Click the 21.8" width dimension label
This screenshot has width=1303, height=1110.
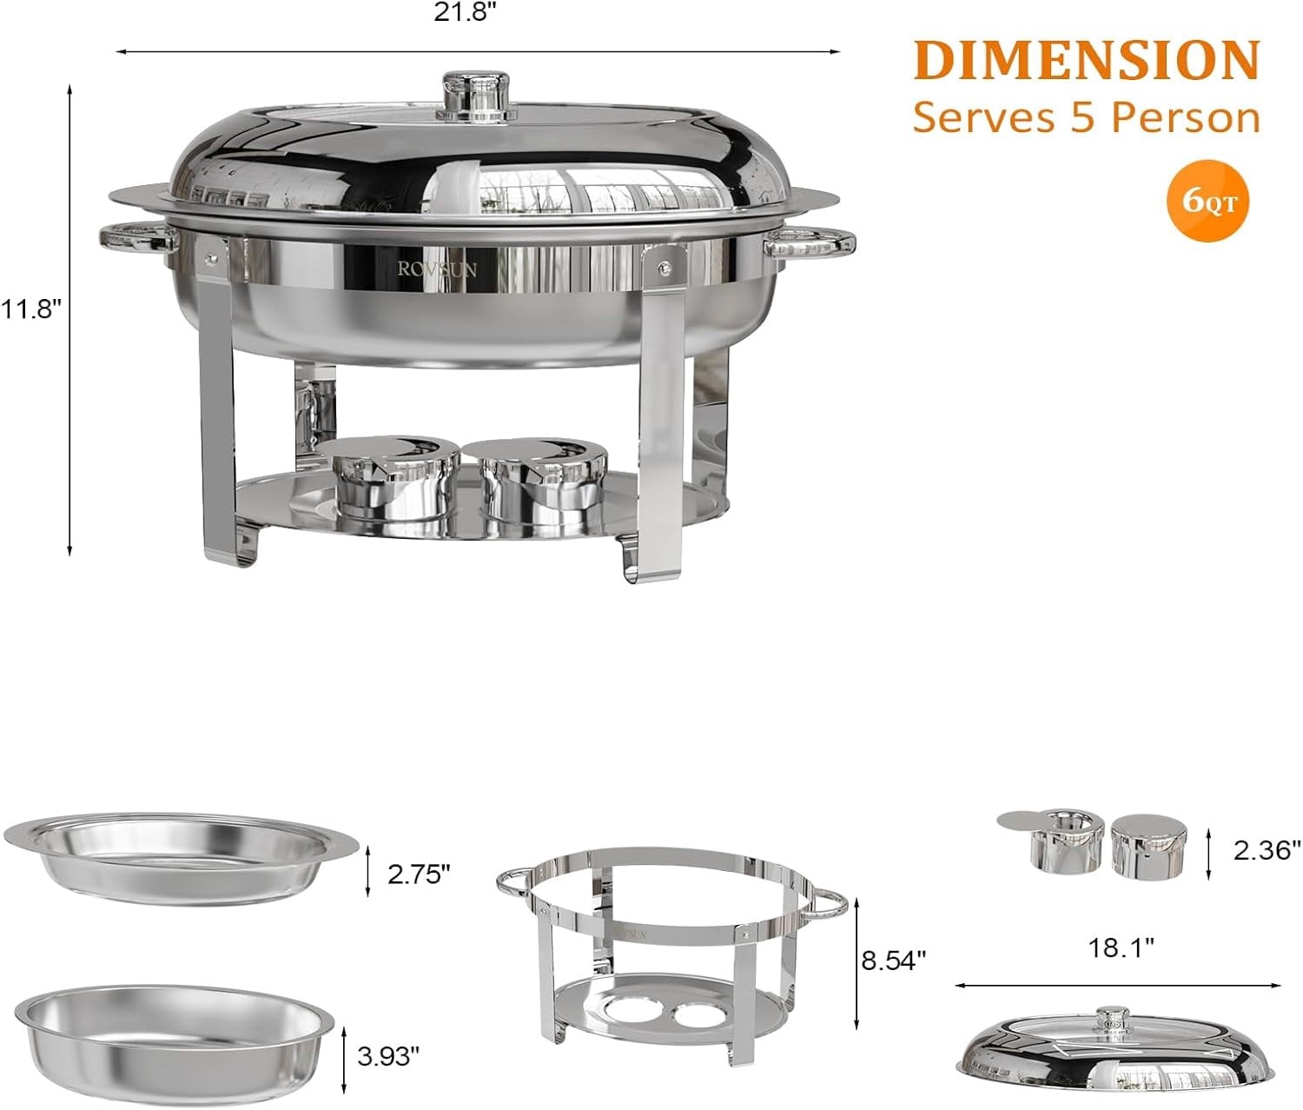pos(460,13)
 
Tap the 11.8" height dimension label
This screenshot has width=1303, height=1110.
pos(30,309)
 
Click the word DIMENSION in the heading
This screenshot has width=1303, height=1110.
pos(1087,60)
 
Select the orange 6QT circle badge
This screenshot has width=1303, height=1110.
pos(1208,201)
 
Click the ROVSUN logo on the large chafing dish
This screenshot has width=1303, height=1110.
pos(436,269)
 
